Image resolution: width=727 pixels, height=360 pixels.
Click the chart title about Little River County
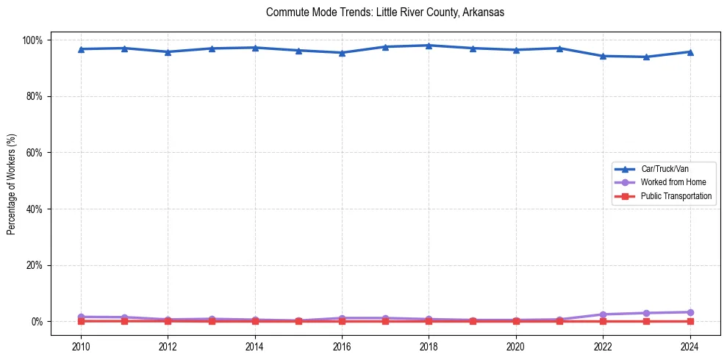pyautogui.click(x=384, y=13)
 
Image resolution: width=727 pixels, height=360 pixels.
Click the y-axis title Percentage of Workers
pyautogui.click(x=12, y=180)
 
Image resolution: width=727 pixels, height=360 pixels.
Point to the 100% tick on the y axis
pyautogui.click(x=34, y=40)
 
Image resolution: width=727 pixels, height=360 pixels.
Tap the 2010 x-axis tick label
pyautogui.click(x=81, y=346)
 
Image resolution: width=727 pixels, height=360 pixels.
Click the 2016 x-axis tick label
pyautogui.click(x=342, y=346)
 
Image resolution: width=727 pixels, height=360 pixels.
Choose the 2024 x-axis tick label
pyautogui.click(x=690, y=346)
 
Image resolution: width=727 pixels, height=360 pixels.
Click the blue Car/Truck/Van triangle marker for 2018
pyautogui.click(x=429, y=46)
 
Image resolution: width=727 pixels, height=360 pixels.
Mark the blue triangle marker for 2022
pyautogui.click(x=603, y=56)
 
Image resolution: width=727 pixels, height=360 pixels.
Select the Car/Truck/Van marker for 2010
pyautogui.click(x=81, y=49)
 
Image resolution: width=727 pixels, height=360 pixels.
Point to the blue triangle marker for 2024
pyautogui.click(x=690, y=51)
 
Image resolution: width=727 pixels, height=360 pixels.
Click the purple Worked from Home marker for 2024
pyautogui.click(x=690, y=312)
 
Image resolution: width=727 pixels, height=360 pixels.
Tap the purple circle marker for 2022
pyautogui.click(x=603, y=314)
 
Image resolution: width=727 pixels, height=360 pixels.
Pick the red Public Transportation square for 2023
pyautogui.click(x=646, y=321)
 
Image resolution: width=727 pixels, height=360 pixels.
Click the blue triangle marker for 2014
pyautogui.click(x=255, y=48)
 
